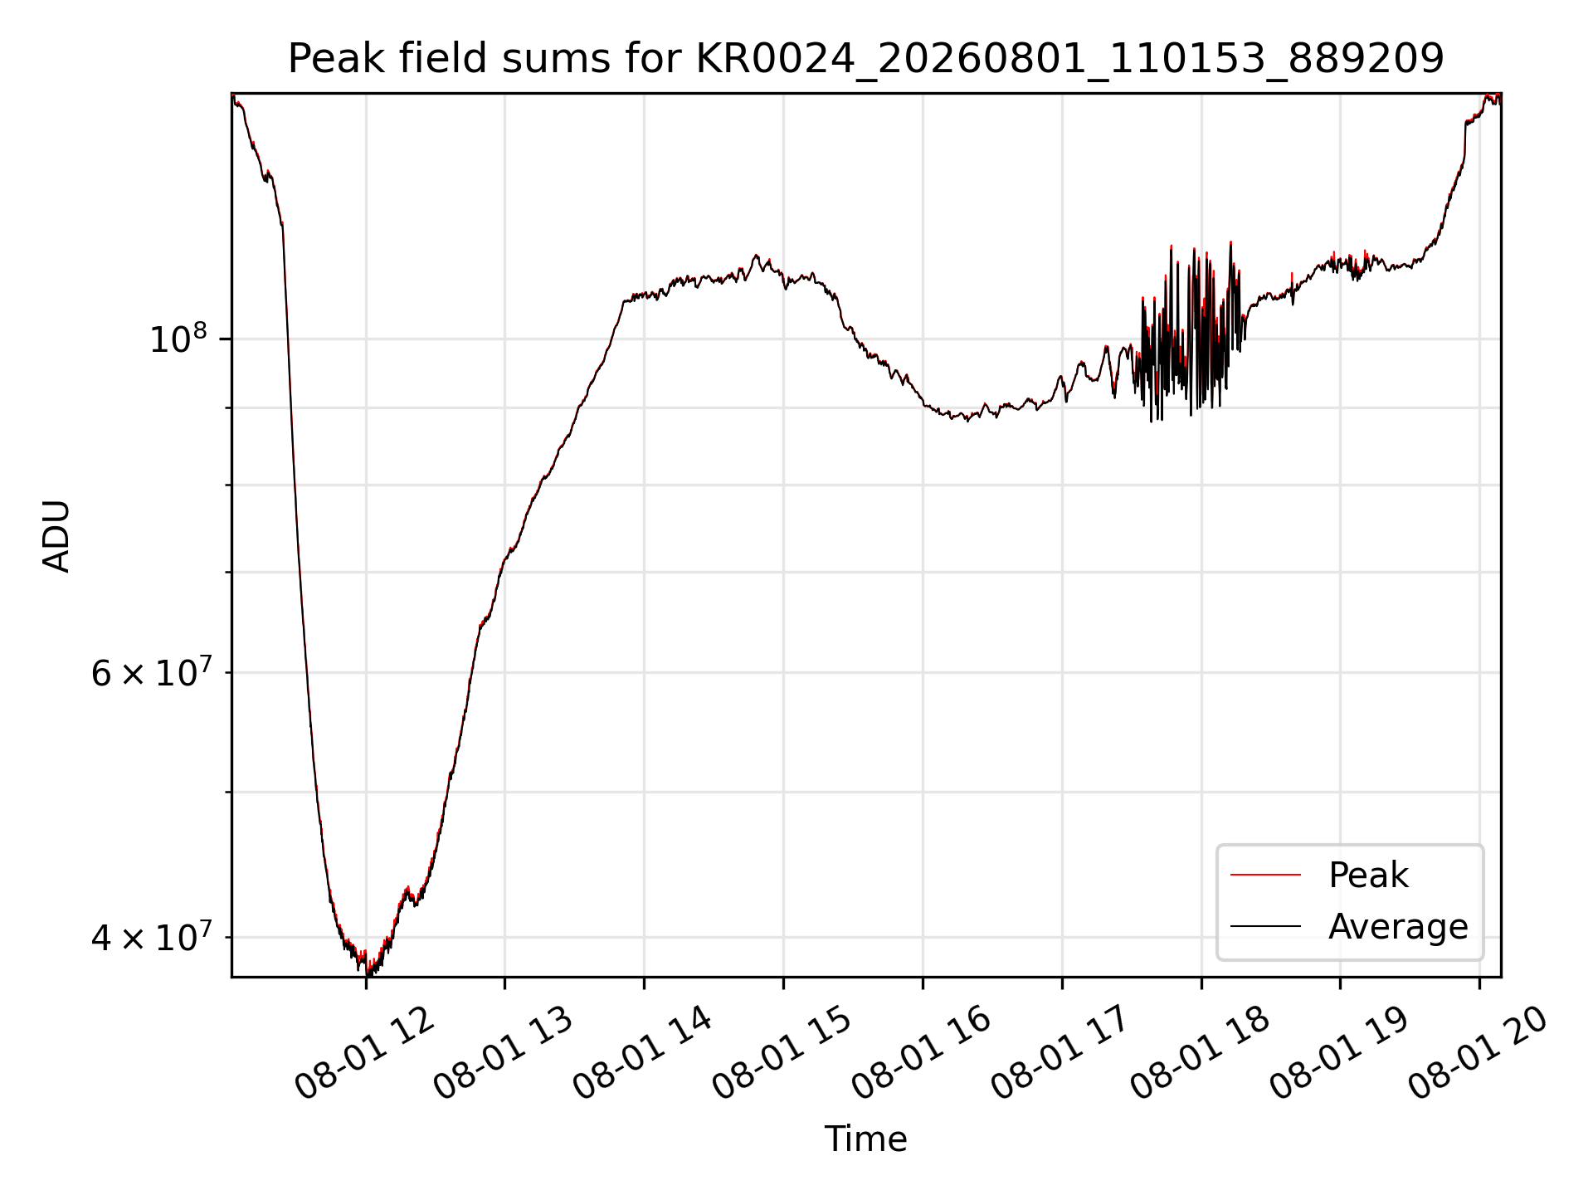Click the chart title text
tap(865, 59)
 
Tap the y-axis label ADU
tap(56, 536)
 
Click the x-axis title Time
tap(865, 1139)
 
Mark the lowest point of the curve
tap(368, 974)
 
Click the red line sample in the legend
tap(1265, 875)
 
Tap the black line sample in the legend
tap(1265, 926)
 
